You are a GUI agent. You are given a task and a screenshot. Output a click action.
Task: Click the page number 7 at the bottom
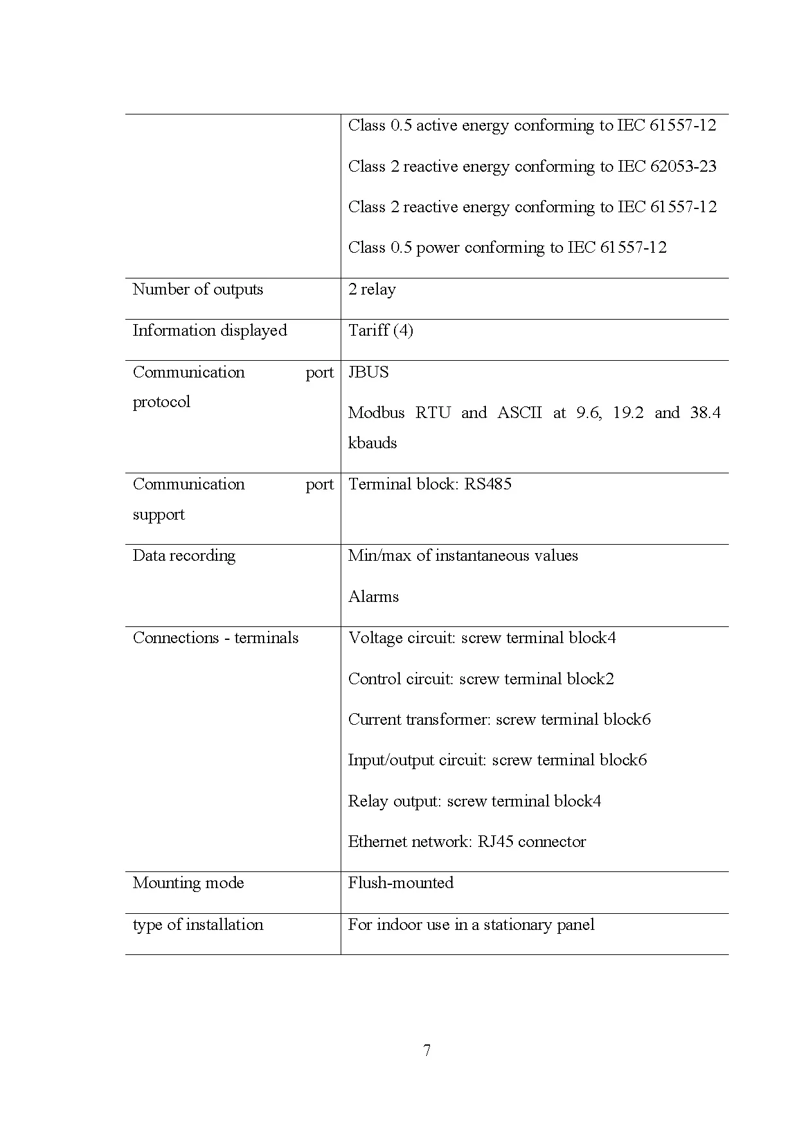427,1051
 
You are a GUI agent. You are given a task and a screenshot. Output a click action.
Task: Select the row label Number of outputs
197,289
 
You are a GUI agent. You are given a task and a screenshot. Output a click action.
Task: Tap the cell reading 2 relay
372,289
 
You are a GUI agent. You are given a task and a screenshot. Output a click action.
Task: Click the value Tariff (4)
381,331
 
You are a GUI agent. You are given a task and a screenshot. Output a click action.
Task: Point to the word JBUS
368,372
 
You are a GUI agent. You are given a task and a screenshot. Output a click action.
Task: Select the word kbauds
372,443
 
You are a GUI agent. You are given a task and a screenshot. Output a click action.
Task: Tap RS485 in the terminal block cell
488,484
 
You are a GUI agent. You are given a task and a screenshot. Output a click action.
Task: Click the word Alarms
373,597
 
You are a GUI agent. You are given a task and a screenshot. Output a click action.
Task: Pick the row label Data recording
184,556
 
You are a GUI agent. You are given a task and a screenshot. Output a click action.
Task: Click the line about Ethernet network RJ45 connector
467,842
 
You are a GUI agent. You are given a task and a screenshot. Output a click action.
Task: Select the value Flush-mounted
400,883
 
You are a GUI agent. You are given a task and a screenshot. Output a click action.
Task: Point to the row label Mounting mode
188,883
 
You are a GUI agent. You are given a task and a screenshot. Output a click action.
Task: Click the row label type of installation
197,925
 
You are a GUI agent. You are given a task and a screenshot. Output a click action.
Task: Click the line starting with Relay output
474,801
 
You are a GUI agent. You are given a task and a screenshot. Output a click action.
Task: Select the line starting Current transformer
499,720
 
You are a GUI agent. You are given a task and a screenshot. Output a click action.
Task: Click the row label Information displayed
210,331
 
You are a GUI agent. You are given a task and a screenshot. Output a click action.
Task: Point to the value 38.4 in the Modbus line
705,413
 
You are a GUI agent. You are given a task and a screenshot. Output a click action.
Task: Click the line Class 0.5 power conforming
507,248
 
